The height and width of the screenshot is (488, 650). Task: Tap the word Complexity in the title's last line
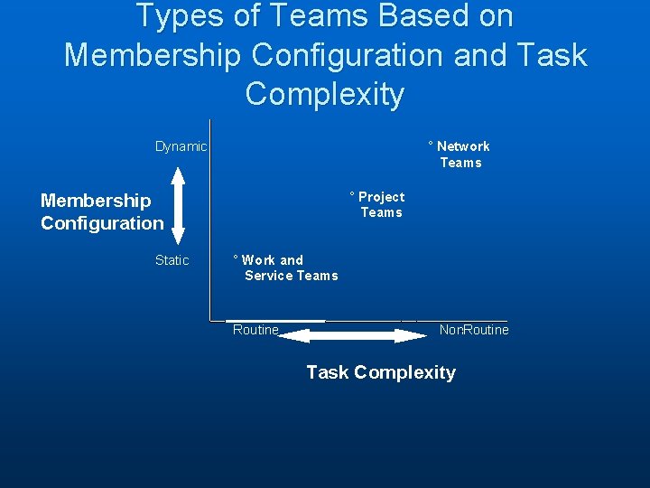tap(325, 94)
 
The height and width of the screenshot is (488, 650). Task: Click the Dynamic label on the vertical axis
tap(181, 146)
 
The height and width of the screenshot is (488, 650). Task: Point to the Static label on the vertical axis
tap(172, 260)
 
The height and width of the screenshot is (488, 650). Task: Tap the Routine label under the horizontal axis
tap(255, 330)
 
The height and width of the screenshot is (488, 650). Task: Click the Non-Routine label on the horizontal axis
tap(474, 330)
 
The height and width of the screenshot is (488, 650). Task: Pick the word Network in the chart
tap(463, 146)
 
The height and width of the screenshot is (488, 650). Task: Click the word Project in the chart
tap(381, 197)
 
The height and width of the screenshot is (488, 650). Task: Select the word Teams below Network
tap(460, 163)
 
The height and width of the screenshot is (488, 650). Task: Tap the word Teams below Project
tap(381, 212)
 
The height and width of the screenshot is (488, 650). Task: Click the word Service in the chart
tap(268, 276)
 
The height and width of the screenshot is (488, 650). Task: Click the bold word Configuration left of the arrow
tap(102, 223)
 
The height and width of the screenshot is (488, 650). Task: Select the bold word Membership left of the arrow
tap(96, 201)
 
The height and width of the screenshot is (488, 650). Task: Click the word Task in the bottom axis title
tap(327, 372)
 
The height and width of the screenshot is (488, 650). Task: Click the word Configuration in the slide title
tap(348, 55)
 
